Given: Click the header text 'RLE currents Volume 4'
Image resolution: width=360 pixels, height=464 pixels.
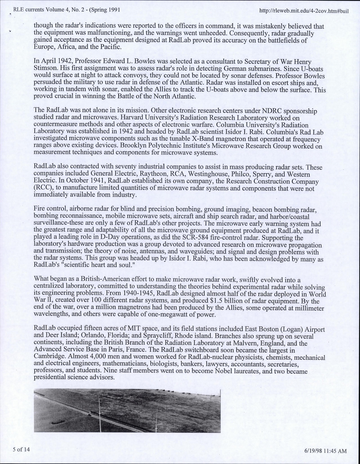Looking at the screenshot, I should [37, 9].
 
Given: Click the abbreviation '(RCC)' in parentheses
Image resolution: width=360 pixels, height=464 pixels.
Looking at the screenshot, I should [41, 188].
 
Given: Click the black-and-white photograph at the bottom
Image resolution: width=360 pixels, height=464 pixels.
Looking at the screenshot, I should [127, 410].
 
